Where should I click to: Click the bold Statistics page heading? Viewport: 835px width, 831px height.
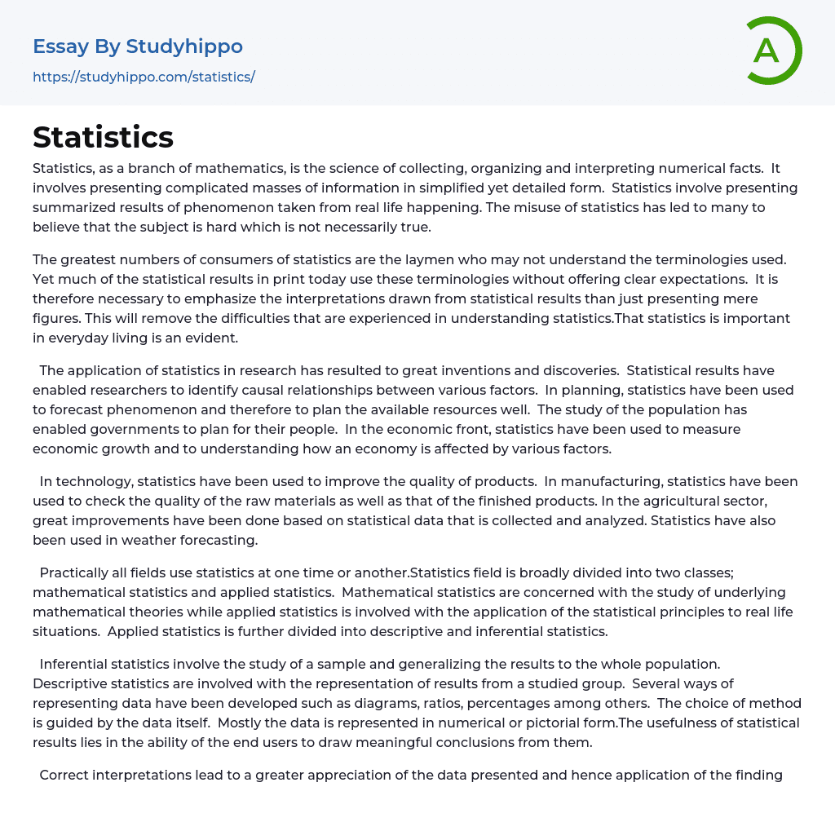click(103, 137)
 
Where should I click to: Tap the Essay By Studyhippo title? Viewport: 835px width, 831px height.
click(138, 46)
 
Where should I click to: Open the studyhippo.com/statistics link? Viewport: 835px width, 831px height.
click(144, 77)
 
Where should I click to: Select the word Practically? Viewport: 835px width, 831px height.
click(77, 572)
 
